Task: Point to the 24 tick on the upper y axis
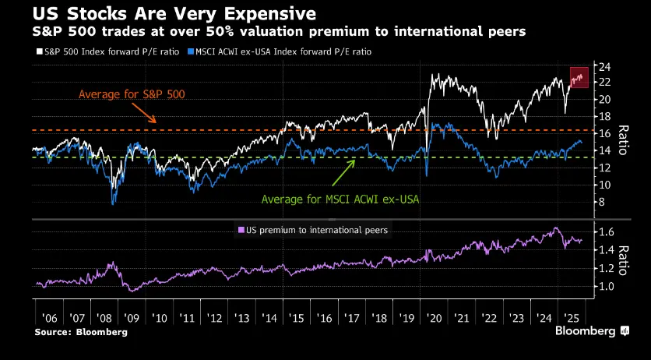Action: pos(602,65)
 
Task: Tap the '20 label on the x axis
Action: pos(433,319)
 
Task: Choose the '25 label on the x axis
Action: pos(571,319)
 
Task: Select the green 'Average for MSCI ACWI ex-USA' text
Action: pos(340,199)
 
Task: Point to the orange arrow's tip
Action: pos(158,123)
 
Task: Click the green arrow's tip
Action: pos(356,161)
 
